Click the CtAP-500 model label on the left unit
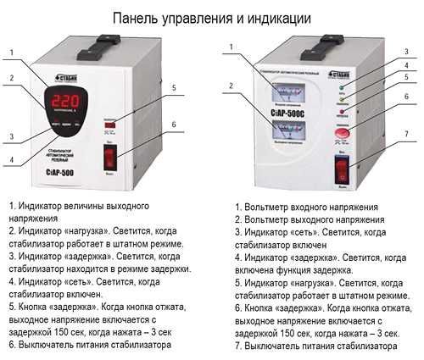pyautogui.click(x=73, y=170)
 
